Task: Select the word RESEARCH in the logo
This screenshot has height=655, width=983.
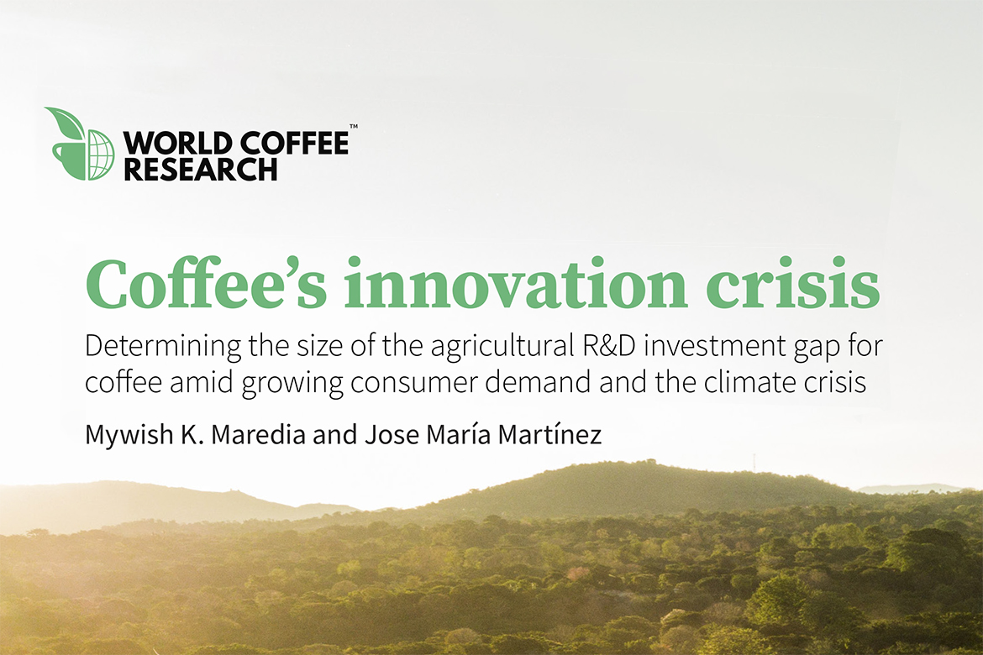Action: (x=201, y=170)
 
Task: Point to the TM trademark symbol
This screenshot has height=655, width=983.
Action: (x=354, y=127)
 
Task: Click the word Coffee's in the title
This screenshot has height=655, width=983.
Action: (x=206, y=283)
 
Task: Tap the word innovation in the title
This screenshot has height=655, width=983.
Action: (x=515, y=283)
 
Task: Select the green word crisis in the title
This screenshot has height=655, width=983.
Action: (x=793, y=283)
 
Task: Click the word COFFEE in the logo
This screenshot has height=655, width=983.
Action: (x=294, y=144)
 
